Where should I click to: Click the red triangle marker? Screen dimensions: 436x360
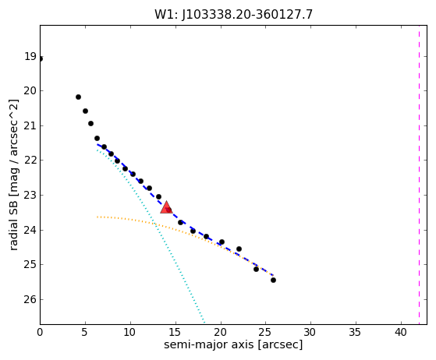pyautogui.click(x=166, y=207)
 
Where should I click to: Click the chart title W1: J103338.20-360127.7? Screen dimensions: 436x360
pyautogui.click(x=233, y=15)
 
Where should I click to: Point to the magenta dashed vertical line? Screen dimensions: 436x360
pyautogui.click(x=419, y=175)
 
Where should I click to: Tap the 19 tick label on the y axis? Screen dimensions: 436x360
pyautogui.click(x=30, y=56)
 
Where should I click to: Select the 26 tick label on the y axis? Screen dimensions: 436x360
pyautogui.click(x=30, y=299)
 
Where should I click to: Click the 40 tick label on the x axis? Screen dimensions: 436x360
pyautogui.click(x=401, y=332)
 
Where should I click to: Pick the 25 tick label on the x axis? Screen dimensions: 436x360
pyautogui.click(x=266, y=332)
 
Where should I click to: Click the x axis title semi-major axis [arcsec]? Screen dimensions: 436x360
pyautogui.click(x=233, y=344)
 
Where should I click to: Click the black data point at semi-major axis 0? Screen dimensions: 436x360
pyautogui.click(x=41, y=59)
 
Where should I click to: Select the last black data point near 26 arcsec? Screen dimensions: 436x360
pyautogui.click(x=273, y=280)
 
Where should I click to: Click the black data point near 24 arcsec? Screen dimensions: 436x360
pyautogui.click(x=256, y=269)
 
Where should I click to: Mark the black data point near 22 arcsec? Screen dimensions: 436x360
pyautogui.click(x=239, y=249)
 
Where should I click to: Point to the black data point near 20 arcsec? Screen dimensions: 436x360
pyautogui.click(x=222, y=242)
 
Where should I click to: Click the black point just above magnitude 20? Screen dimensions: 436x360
pyautogui.click(x=79, y=97)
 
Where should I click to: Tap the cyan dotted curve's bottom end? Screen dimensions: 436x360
pyautogui.click(x=204, y=323)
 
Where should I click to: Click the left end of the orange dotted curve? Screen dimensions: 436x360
pyautogui.click(x=97, y=217)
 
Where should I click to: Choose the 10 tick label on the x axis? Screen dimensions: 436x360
pyautogui.click(x=130, y=332)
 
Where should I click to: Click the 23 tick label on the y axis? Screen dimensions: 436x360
pyautogui.click(x=30, y=196)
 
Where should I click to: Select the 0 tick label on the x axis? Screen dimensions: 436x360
pyautogui.click(x=40, y=332)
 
